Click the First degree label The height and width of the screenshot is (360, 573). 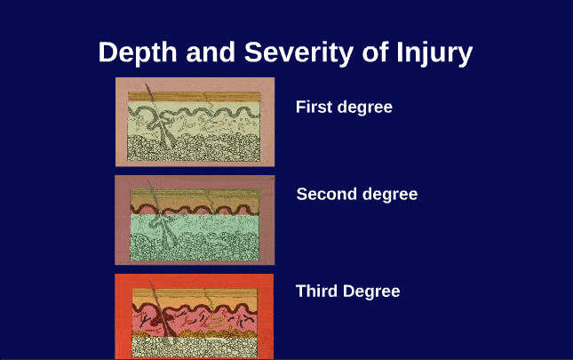344,107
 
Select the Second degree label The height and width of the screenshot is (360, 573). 356,194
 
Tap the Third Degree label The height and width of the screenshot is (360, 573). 347,291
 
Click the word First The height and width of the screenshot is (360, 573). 314,107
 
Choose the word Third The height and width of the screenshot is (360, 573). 315,291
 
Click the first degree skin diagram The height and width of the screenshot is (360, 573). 195,121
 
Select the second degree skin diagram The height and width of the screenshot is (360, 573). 195,220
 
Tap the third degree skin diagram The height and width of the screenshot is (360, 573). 195,316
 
